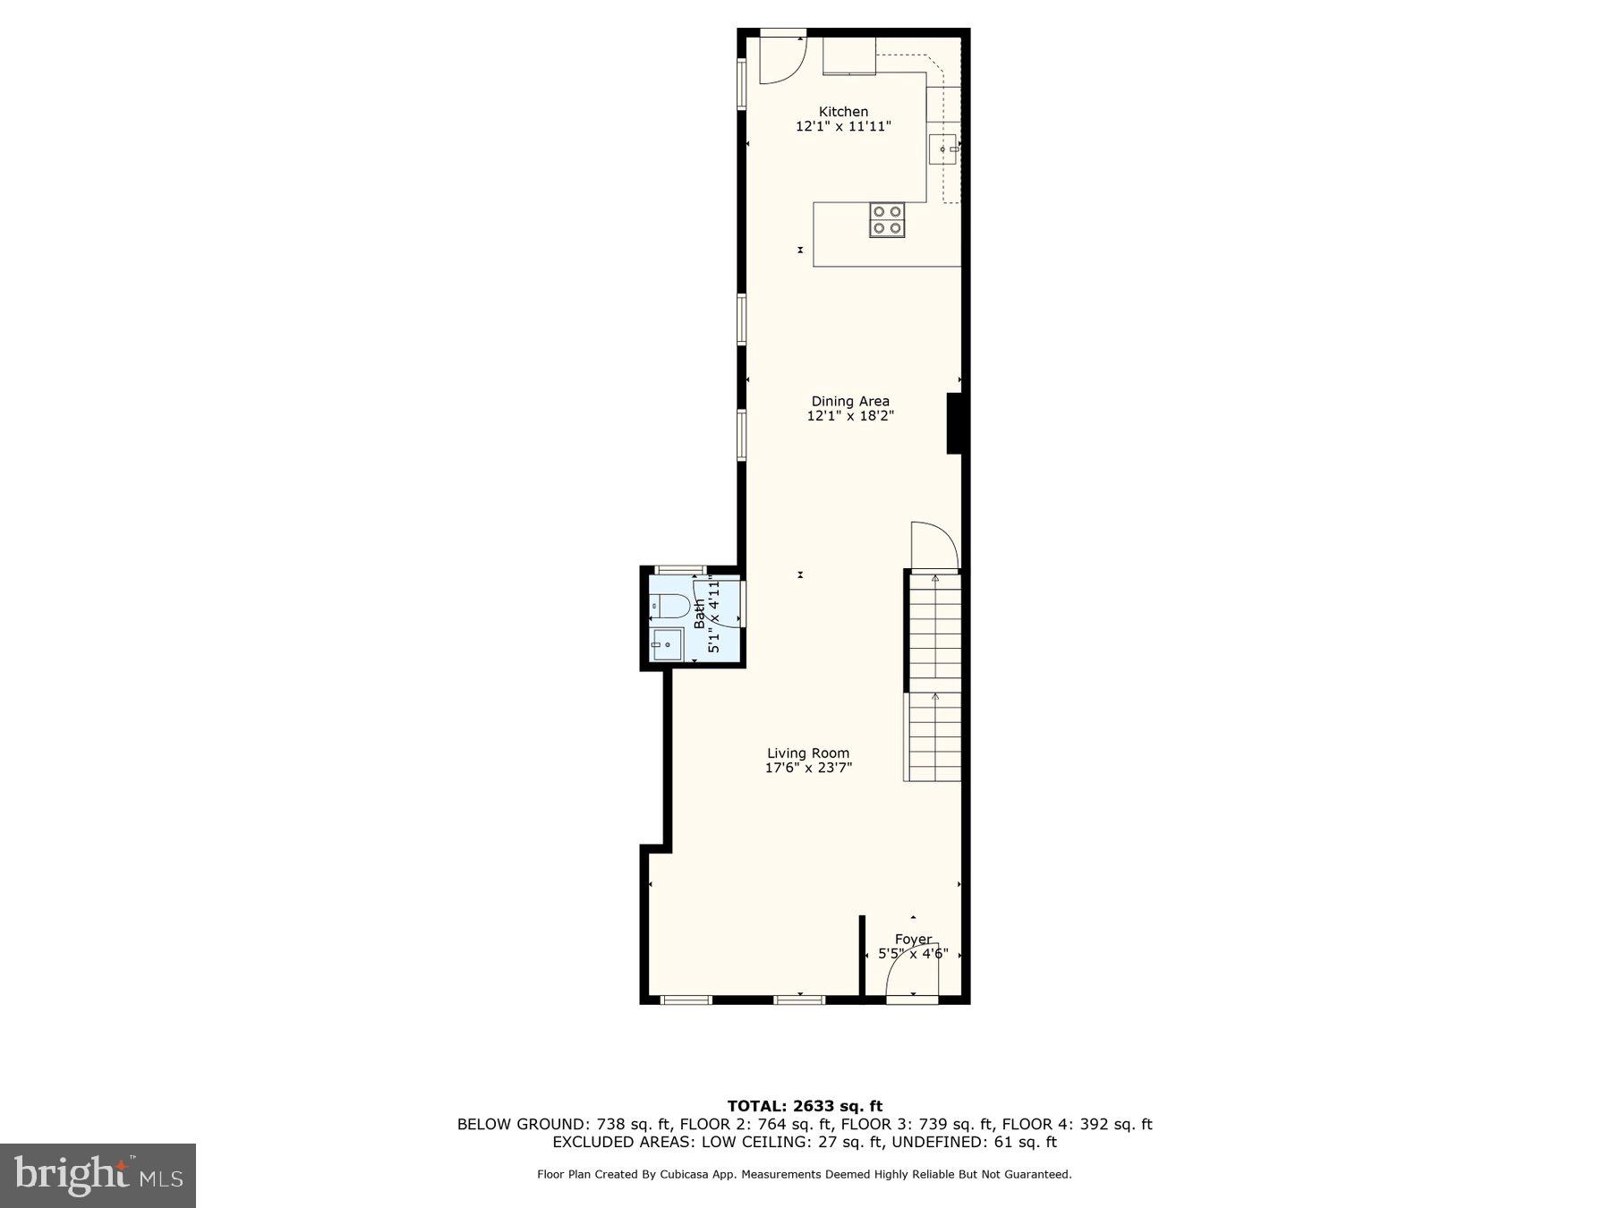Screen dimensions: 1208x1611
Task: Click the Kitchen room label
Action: (843, 112)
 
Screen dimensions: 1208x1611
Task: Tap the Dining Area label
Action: (850, 401)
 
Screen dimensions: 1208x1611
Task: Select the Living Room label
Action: (808, 753)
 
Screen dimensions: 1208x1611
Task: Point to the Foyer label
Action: (913, 940)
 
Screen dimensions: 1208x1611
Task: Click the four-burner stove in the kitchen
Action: (887, 220)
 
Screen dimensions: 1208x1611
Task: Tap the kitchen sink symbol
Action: (942, 149)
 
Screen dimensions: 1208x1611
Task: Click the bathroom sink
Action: (667, 643)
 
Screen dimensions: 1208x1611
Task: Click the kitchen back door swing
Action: (782, 60)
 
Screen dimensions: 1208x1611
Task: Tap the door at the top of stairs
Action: (933, 546)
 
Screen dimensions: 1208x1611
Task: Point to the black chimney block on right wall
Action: (954, 423)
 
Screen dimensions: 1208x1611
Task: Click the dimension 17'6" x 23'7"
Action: (808, 768)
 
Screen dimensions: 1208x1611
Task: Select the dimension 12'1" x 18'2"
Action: (850, 416)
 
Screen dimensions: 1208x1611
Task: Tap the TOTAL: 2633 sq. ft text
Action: (805, 1106)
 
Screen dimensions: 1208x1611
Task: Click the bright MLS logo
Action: (98, 1175)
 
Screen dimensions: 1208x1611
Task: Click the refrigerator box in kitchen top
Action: (849, 55)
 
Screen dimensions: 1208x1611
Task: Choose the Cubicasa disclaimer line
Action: (804, 1174)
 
